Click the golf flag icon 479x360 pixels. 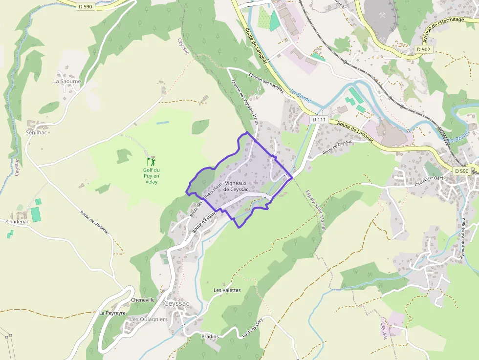click(152, 161)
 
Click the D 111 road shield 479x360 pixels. click(319, 120)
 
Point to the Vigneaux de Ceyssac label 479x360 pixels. click(236, 186)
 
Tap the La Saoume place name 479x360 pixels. click(67, 82)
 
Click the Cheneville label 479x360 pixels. click(143, 300)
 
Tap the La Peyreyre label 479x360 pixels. click(112, 313)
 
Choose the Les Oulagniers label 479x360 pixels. click(149, 319)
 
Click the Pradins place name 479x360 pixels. click(210, 337)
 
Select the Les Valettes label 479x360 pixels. click(227, 290)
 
